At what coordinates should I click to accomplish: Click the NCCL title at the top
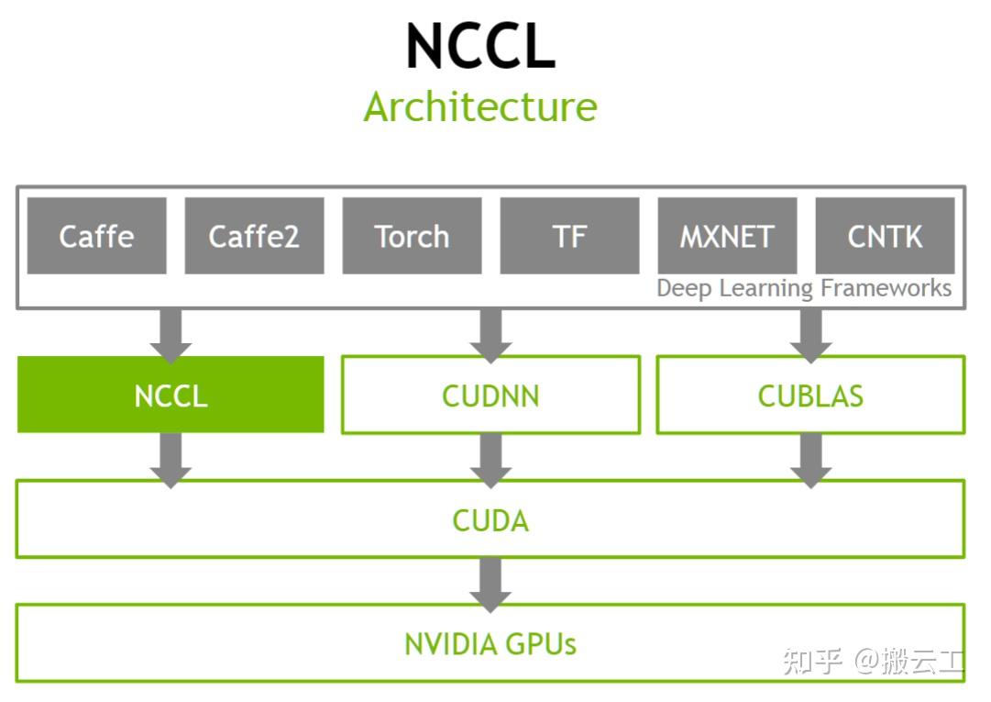click(x=480, y=46)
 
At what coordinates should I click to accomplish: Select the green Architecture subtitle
click(x=480, y=107)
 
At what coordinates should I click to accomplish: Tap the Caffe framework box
click(x=96, y=236)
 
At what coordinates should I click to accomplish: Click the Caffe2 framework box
click(x=254, y=236)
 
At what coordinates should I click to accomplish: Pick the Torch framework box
click(x=412, y=236)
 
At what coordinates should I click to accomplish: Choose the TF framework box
click(x=569, y=236)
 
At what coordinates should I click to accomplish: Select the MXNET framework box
click(x=727, y=236)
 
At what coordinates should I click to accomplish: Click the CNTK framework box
click(x=885, y=236)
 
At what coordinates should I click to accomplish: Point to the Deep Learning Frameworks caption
click(x=804, y=288)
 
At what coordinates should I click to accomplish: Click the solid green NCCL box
click(x=171, y=396)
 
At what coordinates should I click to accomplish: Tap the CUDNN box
click(x=490, y=396)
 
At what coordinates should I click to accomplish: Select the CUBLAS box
click(x=810, y=396)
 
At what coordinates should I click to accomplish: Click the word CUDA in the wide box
click(x=490, y=520)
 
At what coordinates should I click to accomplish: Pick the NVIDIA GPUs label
click(x=490, y=643)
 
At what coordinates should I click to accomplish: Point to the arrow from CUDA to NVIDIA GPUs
click(x=490, y=583)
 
